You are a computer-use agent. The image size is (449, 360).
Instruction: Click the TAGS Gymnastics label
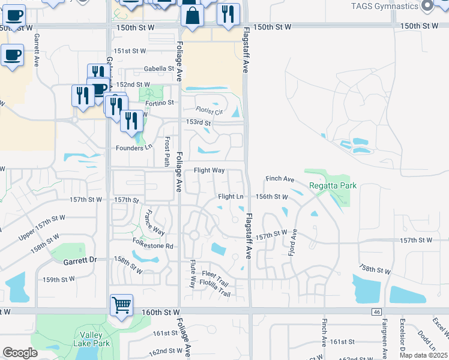(x=384, y=6)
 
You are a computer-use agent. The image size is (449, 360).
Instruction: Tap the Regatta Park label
(x=333, y=185)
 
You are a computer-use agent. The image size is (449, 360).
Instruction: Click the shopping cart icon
(x=121, y=305)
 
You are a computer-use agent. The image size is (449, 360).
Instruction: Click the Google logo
(x=20, y=353)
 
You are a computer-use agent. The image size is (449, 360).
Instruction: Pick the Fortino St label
(x=158, y=103)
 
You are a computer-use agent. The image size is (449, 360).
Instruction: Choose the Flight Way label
(x=209, y=170)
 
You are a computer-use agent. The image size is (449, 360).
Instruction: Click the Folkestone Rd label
(x=152, y=246)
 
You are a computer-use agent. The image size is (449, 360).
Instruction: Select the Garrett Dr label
(x=80, y=262)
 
